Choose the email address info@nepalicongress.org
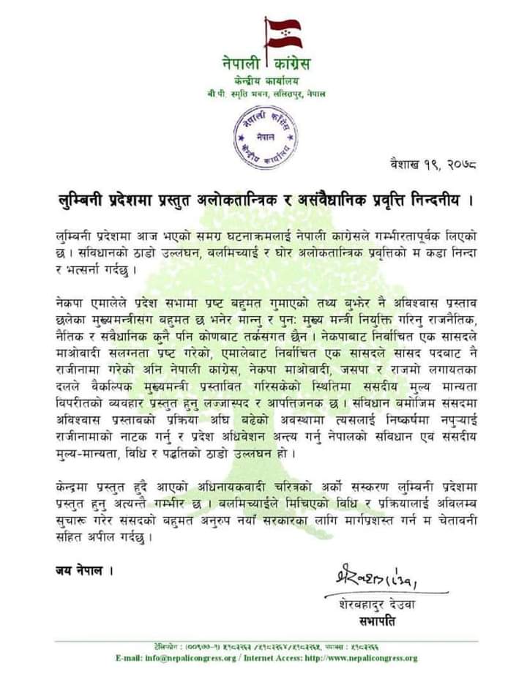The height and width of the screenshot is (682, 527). point(191,658)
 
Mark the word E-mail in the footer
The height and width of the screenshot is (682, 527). point(129,658)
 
